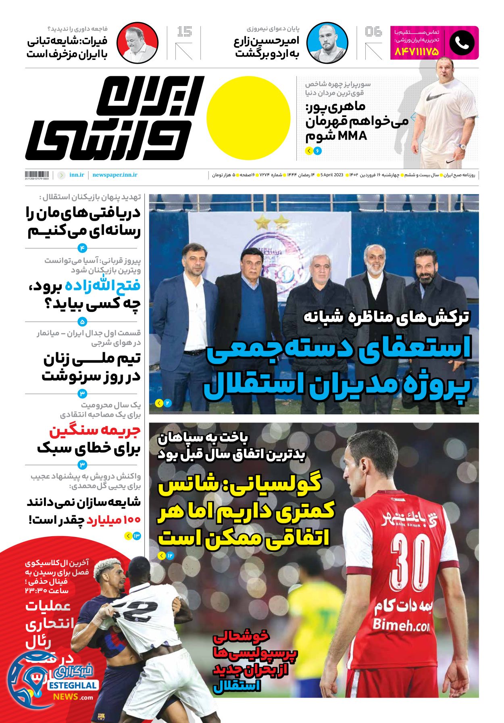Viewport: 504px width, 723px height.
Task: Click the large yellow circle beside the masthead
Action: [x=248, y=118]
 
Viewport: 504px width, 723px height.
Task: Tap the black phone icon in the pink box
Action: [x=462, y=43]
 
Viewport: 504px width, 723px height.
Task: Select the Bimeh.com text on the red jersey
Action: [x=401, y=625]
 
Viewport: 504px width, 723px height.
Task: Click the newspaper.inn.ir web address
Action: [x=115, y=175]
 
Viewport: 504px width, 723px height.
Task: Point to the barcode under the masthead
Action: [x=37, y=175]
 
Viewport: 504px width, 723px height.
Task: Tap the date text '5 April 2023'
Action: [x=331, y=175]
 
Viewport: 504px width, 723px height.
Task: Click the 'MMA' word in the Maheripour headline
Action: [x=352, y=136]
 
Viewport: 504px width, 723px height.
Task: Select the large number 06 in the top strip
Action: [x=373, y=31]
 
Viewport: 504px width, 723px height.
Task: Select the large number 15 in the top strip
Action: [x=185, y=31]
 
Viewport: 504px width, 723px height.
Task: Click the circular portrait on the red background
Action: [x=137, y=43]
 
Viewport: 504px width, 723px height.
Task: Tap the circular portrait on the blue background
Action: [x=327, y=43]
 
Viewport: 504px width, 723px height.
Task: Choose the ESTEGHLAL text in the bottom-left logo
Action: [x=73, y=685]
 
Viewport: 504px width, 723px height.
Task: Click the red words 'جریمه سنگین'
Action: [x=95, y=430]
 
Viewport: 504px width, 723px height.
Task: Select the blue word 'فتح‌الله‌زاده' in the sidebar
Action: [x=103, y=286]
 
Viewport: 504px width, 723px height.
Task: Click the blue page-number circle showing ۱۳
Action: [x=136, y=536]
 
